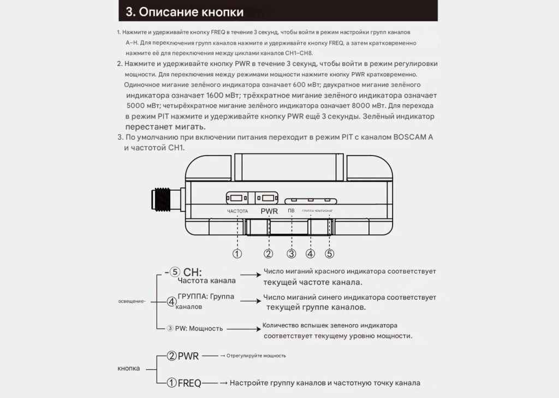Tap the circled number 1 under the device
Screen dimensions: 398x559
pos(237,253)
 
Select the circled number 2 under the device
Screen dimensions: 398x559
pos(268,253)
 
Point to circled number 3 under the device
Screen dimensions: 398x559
pos(292,253)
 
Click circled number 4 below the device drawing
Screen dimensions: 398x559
pos(311,253)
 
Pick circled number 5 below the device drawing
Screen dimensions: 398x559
pos(330,253)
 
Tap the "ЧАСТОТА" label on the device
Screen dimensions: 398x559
pos(237,211)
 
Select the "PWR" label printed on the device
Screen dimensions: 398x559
pos(269,211)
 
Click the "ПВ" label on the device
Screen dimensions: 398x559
pos(291,211)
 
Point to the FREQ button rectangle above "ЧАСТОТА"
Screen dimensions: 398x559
pos(237,197)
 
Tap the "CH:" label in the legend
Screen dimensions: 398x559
pos(193,272)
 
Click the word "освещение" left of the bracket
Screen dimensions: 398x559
pos(131,301)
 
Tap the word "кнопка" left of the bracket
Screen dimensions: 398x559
pos(129,368)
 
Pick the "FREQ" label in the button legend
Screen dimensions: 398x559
pos(189,383)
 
